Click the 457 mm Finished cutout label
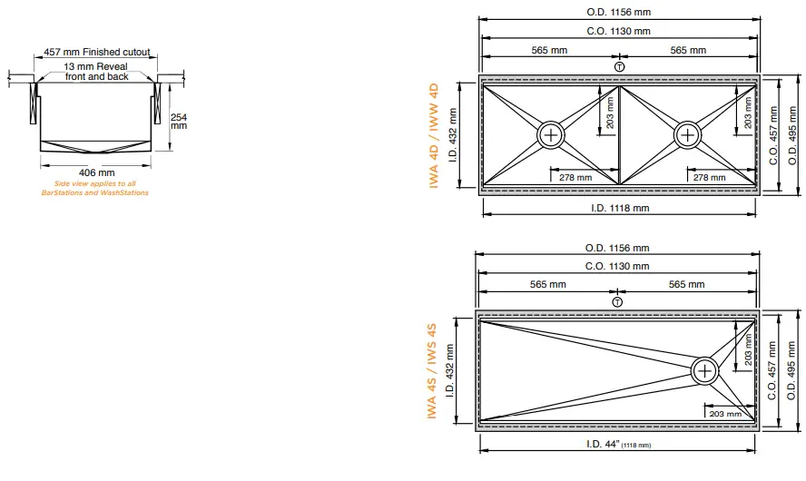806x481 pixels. [97, 53]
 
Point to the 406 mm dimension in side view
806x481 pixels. [97, 172]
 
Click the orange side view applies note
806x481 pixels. [95, 188]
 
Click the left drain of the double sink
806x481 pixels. [551, 135]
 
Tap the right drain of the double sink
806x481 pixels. [687, 135]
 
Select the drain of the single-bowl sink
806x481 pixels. [705, 369]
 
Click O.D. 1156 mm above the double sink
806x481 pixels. [618, 13]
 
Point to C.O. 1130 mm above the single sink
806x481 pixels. [618, 266]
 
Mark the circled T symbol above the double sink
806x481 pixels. [619, 66]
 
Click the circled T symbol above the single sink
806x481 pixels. [617, 301]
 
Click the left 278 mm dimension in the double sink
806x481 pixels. [575, 177]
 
